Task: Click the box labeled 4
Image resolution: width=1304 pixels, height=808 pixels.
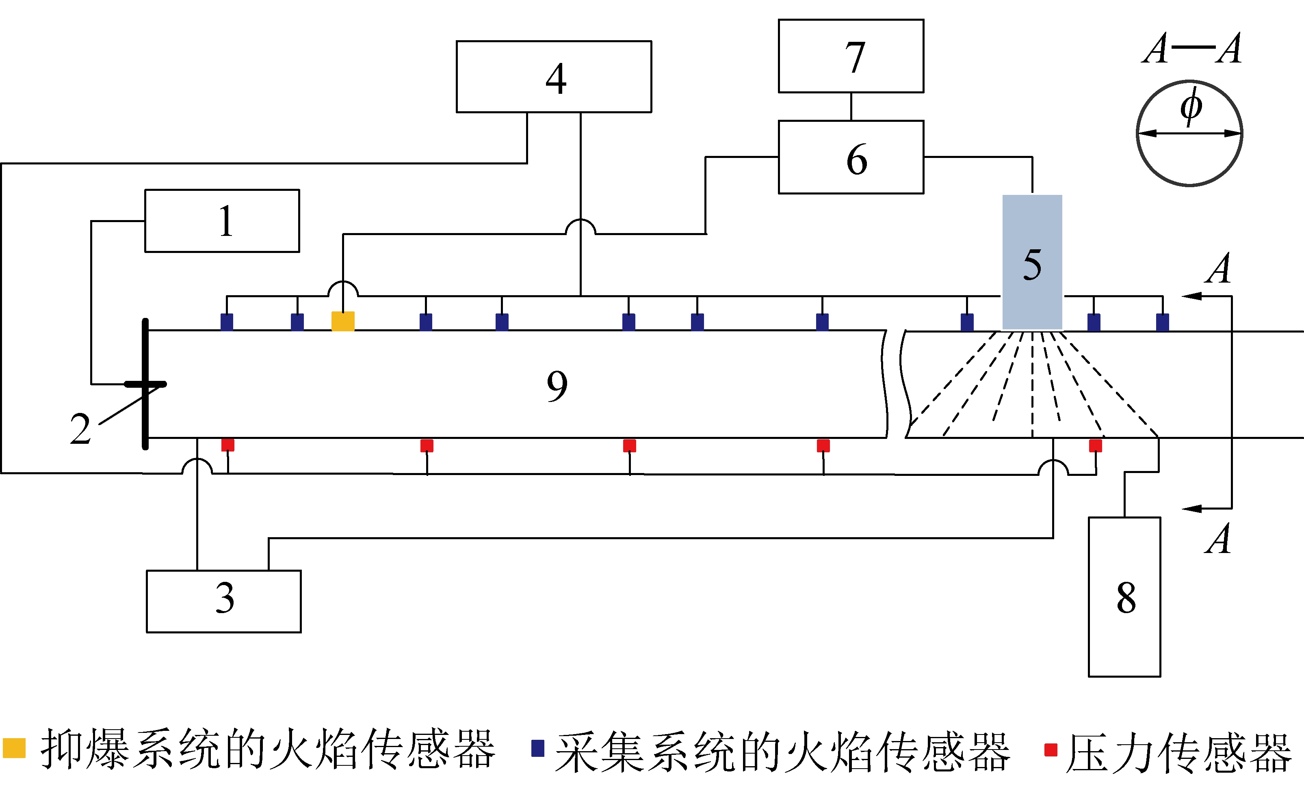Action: (553, 76)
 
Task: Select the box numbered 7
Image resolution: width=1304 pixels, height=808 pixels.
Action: (851, 56)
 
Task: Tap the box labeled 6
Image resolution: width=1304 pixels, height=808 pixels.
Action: (851, 157)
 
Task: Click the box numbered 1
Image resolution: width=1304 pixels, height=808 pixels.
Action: (222, 221)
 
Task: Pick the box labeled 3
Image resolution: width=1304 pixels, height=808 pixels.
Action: (223, 601)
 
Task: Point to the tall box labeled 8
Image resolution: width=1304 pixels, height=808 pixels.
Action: (1124, 597)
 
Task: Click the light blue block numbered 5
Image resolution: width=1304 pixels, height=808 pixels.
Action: (1032, 262)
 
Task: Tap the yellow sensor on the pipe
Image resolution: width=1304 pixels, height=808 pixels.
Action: (343, 321)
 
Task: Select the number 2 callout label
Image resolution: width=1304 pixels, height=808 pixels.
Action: (80, 429)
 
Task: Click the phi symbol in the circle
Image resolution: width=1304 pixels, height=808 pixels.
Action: (1191, 107)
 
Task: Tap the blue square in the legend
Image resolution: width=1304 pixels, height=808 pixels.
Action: (537, 748)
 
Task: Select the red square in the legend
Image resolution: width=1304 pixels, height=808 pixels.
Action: (1051, 750)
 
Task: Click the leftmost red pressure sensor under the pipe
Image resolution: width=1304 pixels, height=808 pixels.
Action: (228, 445)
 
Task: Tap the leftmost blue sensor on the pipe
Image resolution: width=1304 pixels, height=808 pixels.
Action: (227, 322)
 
